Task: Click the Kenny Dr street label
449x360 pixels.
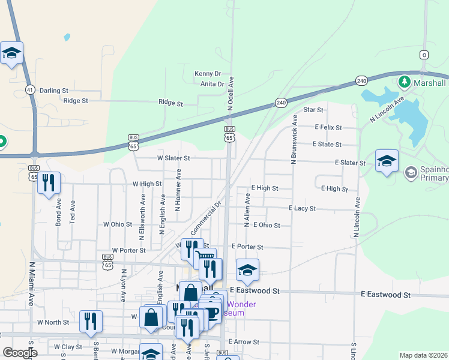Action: tap(208, 74)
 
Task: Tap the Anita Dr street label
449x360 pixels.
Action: tap(212, 85)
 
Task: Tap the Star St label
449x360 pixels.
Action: tap(313, 110)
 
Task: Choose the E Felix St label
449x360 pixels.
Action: tap(328, 127)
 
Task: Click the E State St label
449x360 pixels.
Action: tap(327, 145)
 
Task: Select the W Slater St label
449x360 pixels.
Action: tap(173, 158)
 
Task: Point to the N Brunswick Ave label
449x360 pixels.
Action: tap(294, 140)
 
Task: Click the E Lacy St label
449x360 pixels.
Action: tap(303, 208)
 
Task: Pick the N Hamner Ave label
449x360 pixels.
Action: tap(178, 190)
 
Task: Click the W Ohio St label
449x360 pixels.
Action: tap(118, 224)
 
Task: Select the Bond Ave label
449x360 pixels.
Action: tap(59, 212)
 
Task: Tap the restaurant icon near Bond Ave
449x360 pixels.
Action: tap(49, 182)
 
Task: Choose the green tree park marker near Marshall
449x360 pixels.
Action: tap(405, 82)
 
